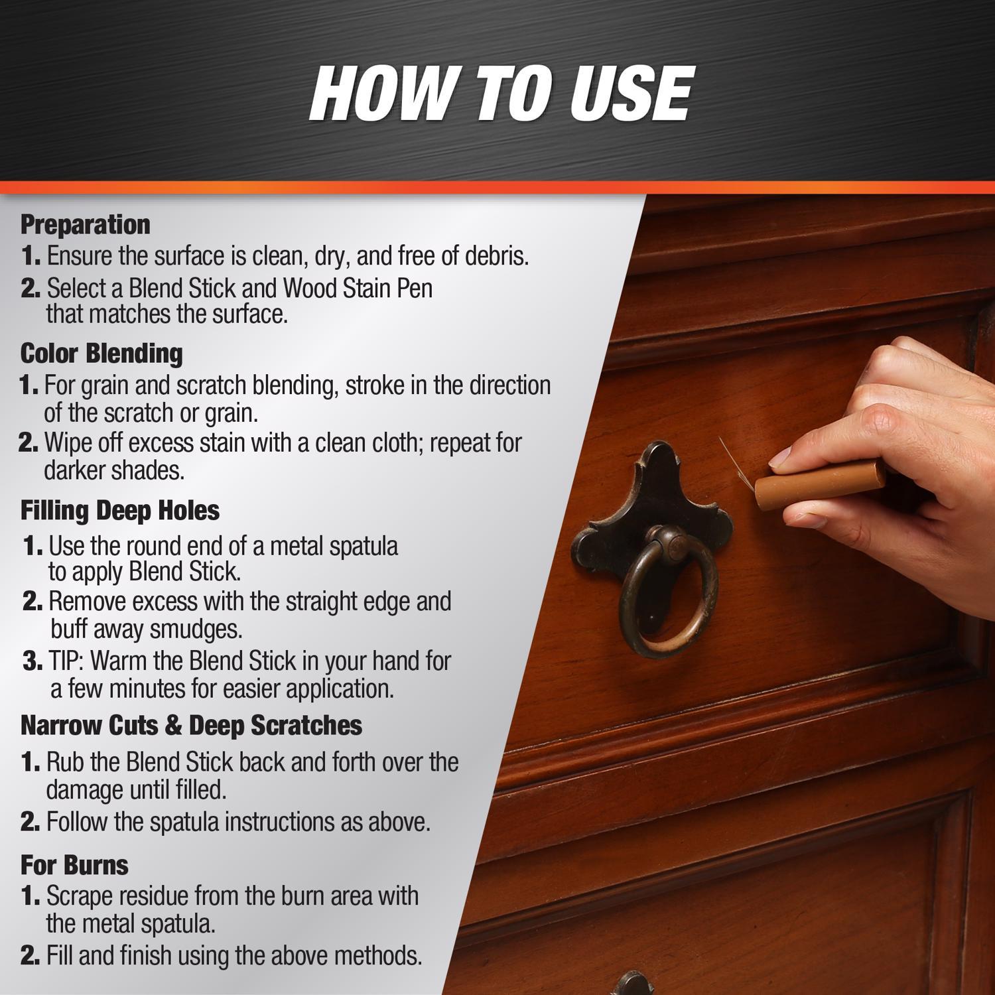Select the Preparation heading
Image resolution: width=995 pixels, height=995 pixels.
click(86, 224)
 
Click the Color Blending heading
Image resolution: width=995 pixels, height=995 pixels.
click(101, 353)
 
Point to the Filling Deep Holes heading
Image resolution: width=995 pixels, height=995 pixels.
click(120, 510)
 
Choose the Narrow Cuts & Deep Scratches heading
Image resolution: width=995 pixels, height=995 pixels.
click(192, 725)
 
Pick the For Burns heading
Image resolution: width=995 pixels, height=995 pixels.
click(74, 865)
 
